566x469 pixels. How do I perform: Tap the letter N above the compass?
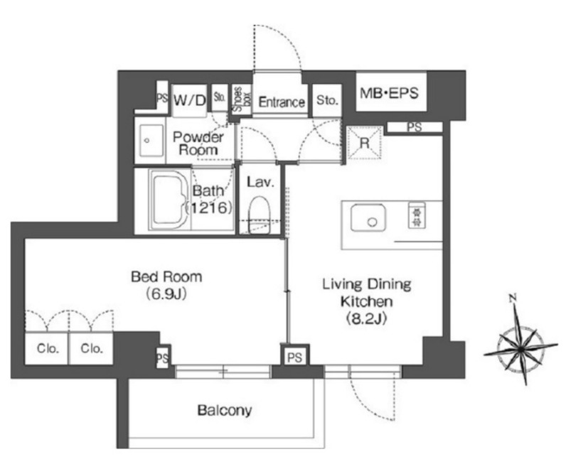[x=513, y=298]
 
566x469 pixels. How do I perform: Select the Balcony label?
[x=225, y=410]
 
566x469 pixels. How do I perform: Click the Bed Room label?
[x=166, y=276]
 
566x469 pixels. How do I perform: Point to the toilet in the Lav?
[x=259, y=215]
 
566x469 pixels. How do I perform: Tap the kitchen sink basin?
[x=368, y=217]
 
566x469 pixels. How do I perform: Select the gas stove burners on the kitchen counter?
[x=417, y=215]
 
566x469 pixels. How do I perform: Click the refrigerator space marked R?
[x=365, y=143]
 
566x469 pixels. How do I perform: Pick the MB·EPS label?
[x=389, y=93]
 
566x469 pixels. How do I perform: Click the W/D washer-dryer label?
[x=189, y=100]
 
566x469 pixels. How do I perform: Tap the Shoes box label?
[x=242, y=99]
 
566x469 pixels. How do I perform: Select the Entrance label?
[x=282, y=102]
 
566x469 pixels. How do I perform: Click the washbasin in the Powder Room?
[x=151, y=141]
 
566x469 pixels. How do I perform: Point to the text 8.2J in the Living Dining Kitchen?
[x=367, y=319]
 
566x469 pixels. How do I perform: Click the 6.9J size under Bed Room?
[x=166, y=294]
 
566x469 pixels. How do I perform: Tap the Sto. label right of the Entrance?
[x=327, y=100]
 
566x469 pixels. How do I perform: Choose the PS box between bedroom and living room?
[x=294, y=357]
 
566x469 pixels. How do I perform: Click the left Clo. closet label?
[x=48, y=348]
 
